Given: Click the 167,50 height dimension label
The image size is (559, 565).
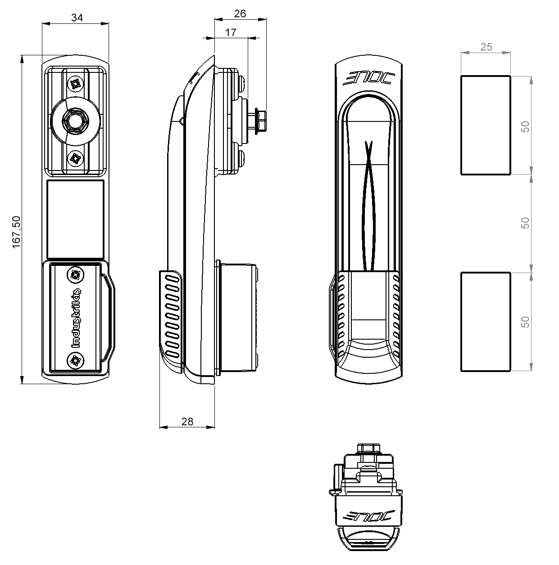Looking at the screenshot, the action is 16,232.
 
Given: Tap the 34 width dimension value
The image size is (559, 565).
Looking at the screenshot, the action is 77,18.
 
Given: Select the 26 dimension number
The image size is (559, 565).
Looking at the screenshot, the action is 240,14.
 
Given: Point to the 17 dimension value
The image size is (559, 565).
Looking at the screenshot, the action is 231,32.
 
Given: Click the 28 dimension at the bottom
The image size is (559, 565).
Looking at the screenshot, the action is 187,422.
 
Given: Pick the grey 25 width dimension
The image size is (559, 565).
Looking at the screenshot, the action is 486,47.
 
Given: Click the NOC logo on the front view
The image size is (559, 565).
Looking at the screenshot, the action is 369,78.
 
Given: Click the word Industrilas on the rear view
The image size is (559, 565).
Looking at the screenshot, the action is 76,318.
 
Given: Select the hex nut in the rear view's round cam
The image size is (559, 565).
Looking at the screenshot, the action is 75,121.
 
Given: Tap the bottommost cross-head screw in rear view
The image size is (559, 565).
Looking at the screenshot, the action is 76,360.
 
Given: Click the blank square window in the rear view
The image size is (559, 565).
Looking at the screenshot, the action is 76,220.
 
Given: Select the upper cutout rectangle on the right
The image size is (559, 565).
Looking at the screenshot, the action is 486,125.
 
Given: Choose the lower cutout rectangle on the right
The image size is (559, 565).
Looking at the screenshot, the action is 486,322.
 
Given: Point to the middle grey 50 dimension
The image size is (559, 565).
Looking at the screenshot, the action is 525,223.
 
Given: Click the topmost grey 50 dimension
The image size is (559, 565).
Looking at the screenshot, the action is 525,127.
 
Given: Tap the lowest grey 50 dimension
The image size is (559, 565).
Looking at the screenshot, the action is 525,322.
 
